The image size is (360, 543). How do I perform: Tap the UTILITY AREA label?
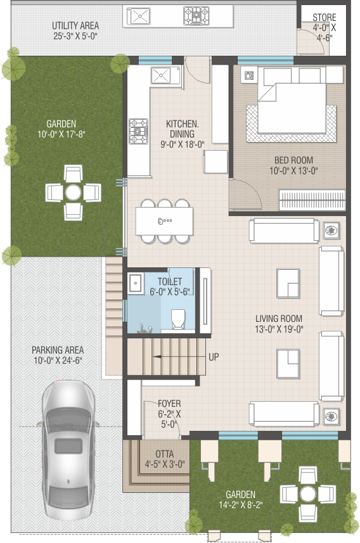pos(75,25)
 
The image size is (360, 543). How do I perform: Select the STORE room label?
pos(325,17)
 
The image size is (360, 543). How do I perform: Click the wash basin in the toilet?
pos(136,283)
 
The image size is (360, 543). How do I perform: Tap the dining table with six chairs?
pos(164,221)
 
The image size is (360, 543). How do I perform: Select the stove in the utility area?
pos(196,16)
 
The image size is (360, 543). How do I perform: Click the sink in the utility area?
pos(139,16)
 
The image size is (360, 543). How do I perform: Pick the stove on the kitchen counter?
pos(138,131)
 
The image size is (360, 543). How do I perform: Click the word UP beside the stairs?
pos(214,357)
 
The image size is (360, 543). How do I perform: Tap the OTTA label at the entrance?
pos(165,454)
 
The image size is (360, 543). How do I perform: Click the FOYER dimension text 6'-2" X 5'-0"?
pos(169,419)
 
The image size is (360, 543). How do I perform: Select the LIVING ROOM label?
pos(279,318)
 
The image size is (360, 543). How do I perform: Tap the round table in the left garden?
pos(73,193)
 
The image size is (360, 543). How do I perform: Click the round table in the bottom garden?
pos(307,494)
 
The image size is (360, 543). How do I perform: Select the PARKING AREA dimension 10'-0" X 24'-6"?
pos(58,360)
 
